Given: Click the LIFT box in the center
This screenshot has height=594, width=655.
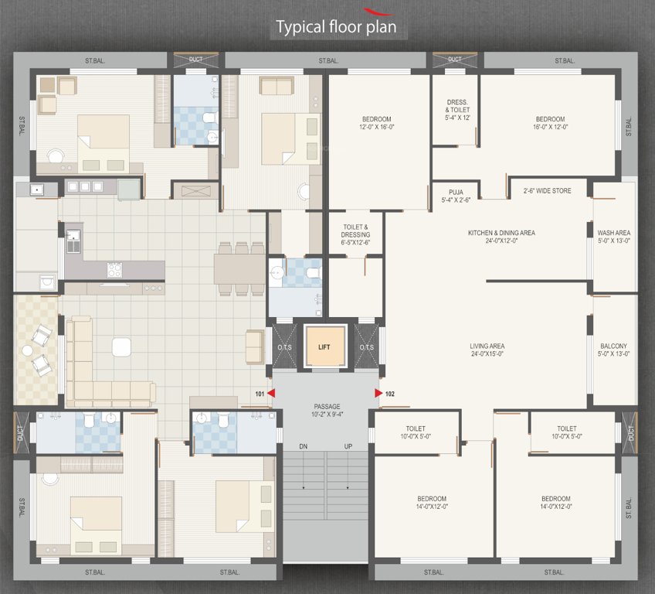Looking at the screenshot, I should pyautogui.click(x=324, y=346).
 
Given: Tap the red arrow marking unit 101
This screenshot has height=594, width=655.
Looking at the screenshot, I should pyautogui.click(x=271, y=394).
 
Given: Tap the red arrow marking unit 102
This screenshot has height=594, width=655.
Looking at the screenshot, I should pyautogui.click(x=378, y=394).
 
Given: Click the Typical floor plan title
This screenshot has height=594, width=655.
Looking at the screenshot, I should pyautogui.click(x=337, y=28).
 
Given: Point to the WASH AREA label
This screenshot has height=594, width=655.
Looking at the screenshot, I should pyautogui.click(x=614, y=236).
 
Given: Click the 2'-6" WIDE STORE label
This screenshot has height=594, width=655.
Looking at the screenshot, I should pyautogui.click(x=547, y=190).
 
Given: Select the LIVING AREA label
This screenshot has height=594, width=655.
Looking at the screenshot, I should pyautogui.click(x=487, y=350).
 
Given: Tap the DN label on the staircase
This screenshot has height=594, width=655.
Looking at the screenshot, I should pyautogui.click(x=304, y=447).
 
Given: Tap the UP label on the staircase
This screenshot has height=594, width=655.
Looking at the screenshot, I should pyautogui.click(x=348, y=447).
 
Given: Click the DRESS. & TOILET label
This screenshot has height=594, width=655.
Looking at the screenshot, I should pyautogui.click(x=457, y=110).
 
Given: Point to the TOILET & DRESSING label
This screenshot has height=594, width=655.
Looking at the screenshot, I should pyautogui.click(x=356, y=234).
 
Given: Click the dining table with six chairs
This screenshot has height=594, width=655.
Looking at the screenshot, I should pyautogui.click(x=240, y=269).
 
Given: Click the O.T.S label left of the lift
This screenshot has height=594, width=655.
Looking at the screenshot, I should pyautogui.click(x=281, y=347).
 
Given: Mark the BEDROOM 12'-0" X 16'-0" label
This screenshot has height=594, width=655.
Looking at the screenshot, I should pyautogui.click(x=377, y=123).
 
